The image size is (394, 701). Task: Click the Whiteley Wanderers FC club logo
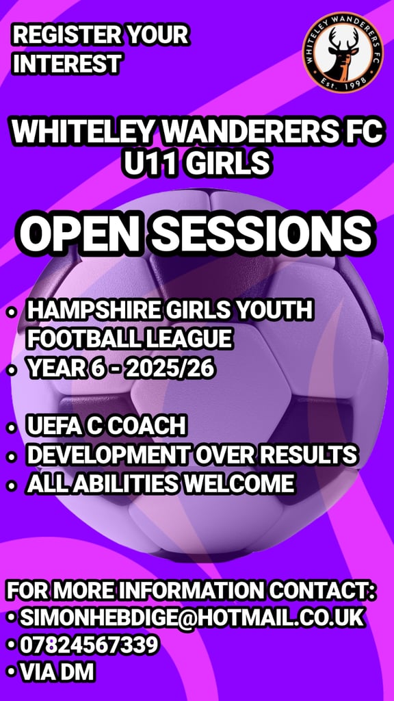[343, 52]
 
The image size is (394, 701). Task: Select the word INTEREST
[66, 64]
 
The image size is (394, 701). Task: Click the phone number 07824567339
[89, 645]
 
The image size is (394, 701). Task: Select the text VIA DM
[57, 672]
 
